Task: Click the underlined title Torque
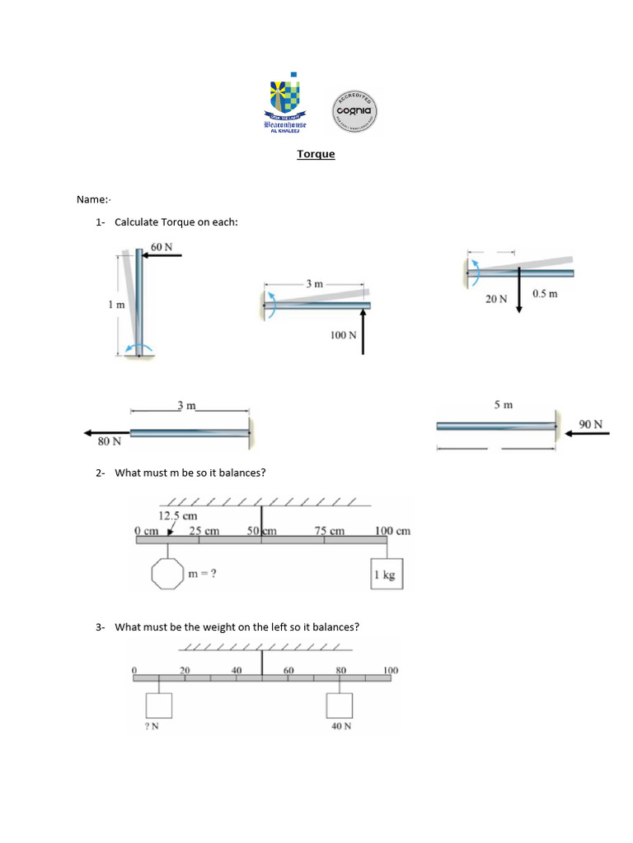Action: [x=316, y=153]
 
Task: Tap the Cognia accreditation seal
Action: [x=355, y=110]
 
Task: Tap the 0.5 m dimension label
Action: [x=545, y=294]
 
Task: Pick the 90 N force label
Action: [x=590, y=424]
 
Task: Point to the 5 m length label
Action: [x=503, y=405]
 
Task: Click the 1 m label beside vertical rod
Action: [x=116, y=305]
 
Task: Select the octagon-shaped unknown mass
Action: [x=167, y=574]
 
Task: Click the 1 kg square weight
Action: [x=384, y=575]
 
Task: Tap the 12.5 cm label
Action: [x=178, y=516]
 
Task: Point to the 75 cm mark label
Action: [x=330, y=531]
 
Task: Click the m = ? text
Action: [x=203, y=575]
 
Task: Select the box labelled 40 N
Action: [x=340, y=706]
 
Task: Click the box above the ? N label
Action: [x=158, y=706]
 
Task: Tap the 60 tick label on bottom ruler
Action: [x=288, y=671]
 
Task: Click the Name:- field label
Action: [x=93, y=199]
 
